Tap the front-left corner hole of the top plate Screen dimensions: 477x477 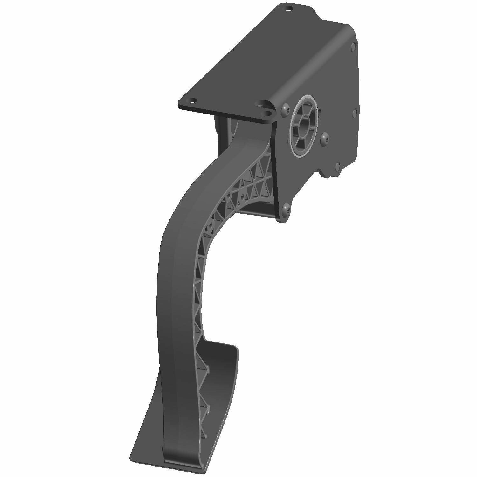[192, 101]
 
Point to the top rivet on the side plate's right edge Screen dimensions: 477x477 [353, 47]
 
